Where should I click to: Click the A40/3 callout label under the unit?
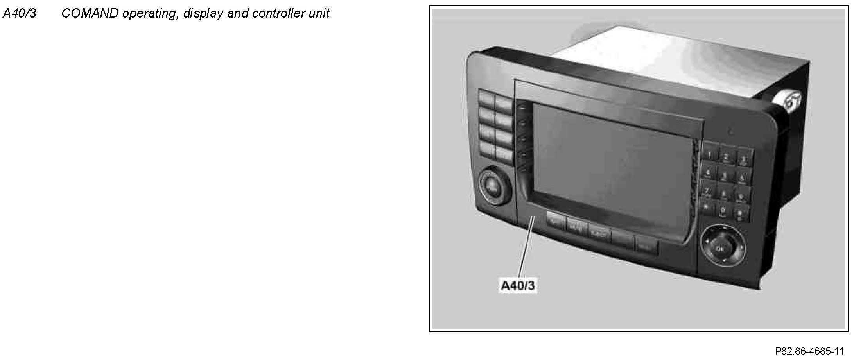click(517, 286)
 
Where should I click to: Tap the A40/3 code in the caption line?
click(20, 14)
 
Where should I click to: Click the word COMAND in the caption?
click(90, 14)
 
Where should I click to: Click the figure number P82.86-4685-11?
click(810, 351)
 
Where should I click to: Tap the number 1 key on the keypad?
click(710, 156)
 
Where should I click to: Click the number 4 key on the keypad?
click(708, 172)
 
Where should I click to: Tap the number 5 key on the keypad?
click(725, 176)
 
